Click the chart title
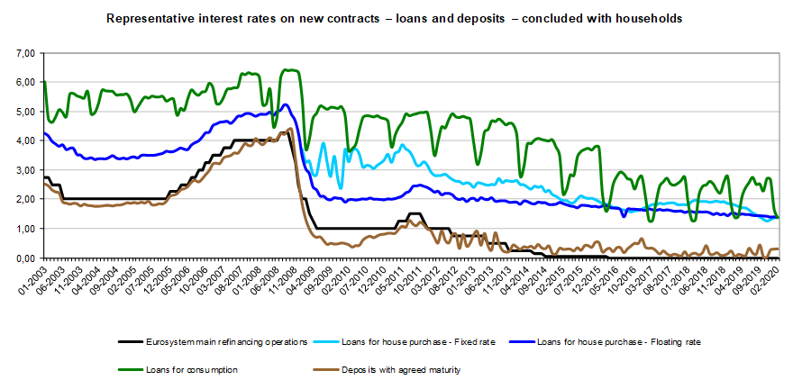[394, 17]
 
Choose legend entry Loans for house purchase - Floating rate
[618, 342]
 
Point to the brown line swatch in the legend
[324, 369]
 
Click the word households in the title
[650, 17]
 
